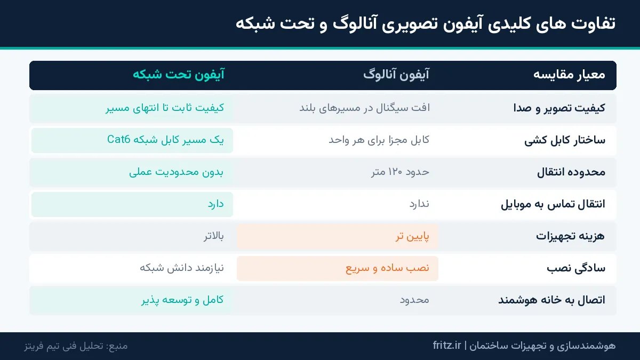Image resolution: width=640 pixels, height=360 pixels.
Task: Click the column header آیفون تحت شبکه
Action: (179, 75)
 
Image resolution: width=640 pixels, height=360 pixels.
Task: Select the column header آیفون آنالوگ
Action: (396, 75)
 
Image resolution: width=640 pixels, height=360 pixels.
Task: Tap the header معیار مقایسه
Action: (569, 75)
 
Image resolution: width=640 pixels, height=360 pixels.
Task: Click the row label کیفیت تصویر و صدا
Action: (559, 108)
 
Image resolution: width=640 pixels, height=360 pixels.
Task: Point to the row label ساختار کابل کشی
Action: (565, 140)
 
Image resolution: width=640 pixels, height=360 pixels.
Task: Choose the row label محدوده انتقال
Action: (571, 172)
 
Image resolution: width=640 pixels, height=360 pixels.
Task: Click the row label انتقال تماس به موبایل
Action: (553, 204)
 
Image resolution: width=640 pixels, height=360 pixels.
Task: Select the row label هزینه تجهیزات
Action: (570, 236)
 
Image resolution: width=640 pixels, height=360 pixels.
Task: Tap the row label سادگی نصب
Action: (576, 268)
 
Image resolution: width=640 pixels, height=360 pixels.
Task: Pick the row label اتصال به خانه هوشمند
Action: (551, 300)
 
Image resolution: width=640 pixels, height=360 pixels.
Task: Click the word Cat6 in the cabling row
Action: (118, 139)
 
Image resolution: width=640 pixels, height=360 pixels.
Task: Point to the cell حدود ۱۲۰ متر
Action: (401, 172)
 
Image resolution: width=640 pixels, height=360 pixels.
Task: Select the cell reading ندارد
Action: (419, 204)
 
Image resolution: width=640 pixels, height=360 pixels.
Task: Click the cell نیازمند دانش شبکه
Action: (182, 268)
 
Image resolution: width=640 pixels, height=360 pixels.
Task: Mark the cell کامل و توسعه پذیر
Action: (182, 300)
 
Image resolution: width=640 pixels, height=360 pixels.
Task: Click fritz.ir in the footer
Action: (447, 346)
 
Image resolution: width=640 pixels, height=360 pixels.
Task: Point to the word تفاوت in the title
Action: (593, 23)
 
